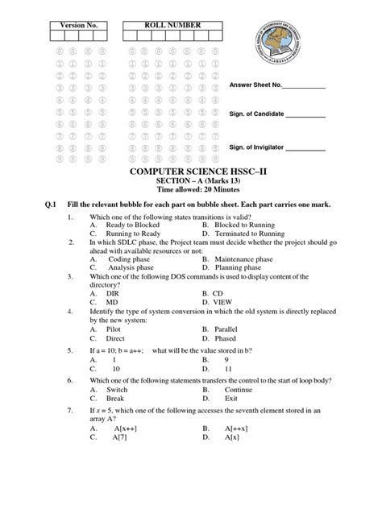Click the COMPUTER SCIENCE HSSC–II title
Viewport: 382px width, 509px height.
(190, 174)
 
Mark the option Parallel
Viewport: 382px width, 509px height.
(234, 353)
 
